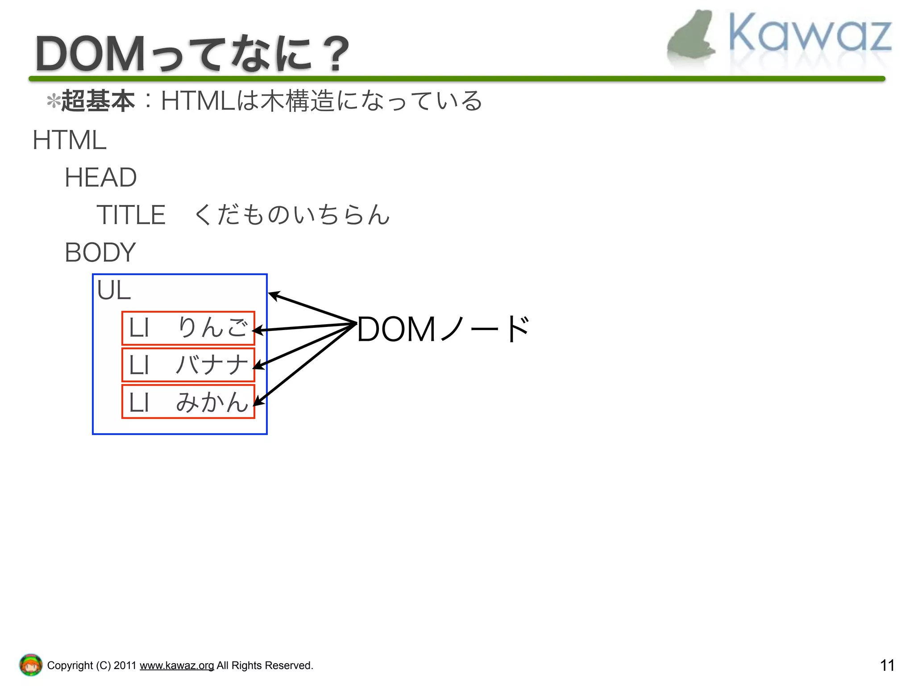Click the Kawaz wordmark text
tap(810, 33)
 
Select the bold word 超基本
tap(98, 100)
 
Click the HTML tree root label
tap(70, 140)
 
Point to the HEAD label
tap(100, 178)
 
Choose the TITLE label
tap(131, 215)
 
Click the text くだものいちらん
tap(292, 215)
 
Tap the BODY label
tap(100, 252)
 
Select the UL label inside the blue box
tap(114, 291)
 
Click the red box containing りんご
tap(188, 328)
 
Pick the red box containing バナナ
tap(188, 365)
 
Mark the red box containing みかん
tap(188, 402)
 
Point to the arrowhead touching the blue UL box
tap(273, 295)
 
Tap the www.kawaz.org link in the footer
tap(177, 665)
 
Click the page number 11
tap(887, 665)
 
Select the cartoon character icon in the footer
tap(30, 665)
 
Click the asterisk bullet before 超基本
tap(53, 101)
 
